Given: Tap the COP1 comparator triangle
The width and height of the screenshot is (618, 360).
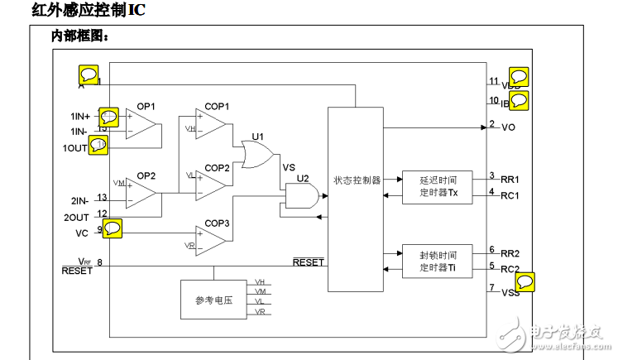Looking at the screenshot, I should [212, 125].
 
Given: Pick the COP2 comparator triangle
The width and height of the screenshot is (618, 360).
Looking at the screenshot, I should [212, 182].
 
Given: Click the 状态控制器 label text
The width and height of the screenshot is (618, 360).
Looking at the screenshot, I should [357, 180].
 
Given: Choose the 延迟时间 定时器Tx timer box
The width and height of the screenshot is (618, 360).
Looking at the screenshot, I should [436, 187].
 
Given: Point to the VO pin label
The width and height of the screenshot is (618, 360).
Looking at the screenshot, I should [508, 127].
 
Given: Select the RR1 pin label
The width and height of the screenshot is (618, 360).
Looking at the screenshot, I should [510, 179].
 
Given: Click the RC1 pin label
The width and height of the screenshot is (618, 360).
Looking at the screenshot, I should [510, 195].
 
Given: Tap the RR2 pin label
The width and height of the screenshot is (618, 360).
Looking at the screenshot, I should [510, 252].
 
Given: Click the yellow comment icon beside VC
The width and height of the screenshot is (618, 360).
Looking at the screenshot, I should [112, 228].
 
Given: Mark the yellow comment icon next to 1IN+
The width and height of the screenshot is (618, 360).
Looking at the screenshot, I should [108, 116].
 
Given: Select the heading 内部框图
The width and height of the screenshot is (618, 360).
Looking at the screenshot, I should [80, 36].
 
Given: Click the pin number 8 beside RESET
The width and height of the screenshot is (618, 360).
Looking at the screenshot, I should [100, 263].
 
